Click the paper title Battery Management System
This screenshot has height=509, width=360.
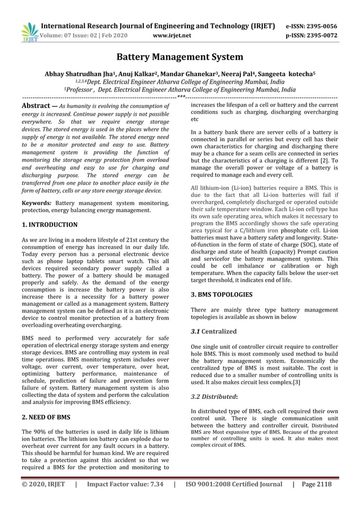(179, 57)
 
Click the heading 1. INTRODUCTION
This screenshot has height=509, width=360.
(50, 225)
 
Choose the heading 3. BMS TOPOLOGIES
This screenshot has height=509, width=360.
(222, 294)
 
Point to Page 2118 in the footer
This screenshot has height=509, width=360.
(317, 484)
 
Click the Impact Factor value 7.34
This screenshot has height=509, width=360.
(125, 484)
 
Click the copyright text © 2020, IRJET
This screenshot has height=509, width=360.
(43, 484)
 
